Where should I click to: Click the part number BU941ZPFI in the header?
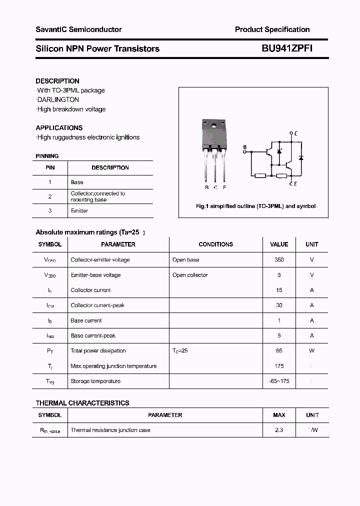[x=287, y=48]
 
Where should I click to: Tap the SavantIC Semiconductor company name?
[x=78, y=29]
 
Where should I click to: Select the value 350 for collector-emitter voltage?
[x=279, y=260]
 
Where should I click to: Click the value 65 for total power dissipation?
[x=279, y=351]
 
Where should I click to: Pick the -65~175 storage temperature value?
[x=279, y=381]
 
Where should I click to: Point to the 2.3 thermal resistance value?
[x=279, y=430]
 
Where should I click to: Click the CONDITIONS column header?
[x=215, y=244]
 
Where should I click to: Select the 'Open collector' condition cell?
[x=190, y=275]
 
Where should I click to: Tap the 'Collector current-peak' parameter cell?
[x=97, y=305]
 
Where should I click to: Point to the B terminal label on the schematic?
[x=244, y=147]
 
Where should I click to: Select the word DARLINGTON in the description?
[x=58, y=100]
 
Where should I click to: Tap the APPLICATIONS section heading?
[x=59, y=128]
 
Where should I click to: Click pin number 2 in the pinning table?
[x=50, y=196]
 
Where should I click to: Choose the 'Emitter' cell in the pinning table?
[x=79, y=211]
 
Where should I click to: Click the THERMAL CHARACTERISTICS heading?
[x=82, y=403]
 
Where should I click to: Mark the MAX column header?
[x=279, y=415]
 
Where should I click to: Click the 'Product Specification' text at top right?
[x=272, y=29]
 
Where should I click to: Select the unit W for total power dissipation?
[x=312, y=351]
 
